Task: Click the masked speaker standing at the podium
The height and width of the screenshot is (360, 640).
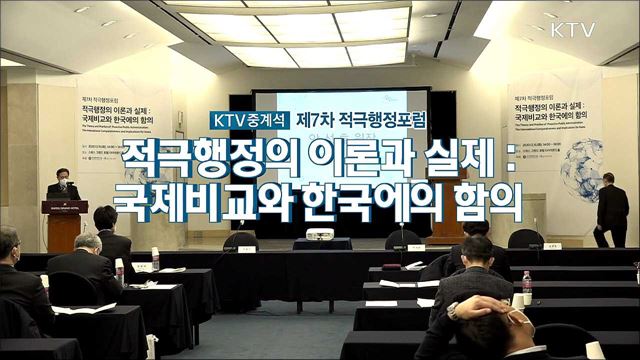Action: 62,185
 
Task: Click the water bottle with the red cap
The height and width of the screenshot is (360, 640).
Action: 527,286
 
